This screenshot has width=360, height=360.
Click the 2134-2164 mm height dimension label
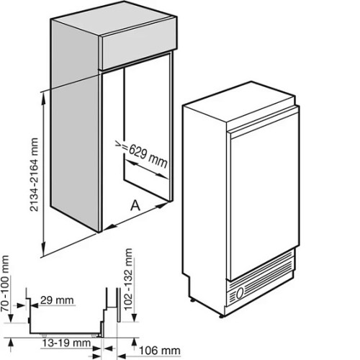[x=34, y=174]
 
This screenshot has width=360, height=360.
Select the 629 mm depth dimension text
[x=148, y=156]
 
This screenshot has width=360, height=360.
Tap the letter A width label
[x=135, y=206]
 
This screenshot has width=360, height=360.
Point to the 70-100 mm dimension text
[x=6, y=284]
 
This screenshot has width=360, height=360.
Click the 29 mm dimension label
[x=57, y=300]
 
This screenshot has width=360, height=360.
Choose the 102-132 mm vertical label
[x=128, y=279]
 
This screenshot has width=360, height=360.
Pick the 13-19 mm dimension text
[x=66, y=343]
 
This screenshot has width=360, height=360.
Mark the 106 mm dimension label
[x=160, y=351]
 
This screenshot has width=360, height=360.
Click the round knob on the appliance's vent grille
[x=240, y=293]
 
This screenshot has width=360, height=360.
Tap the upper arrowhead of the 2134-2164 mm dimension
[x=44, y=98]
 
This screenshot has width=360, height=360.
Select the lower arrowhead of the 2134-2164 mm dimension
[x=44, y=249]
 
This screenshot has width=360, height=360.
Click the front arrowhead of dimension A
[x=111, y=226]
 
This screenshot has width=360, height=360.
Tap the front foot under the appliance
[x=221, y=316]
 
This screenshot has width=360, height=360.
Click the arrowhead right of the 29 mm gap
[x=35, y=305]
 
